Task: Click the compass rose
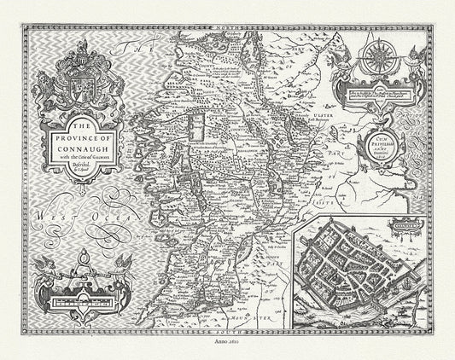click(x=378, y=59)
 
